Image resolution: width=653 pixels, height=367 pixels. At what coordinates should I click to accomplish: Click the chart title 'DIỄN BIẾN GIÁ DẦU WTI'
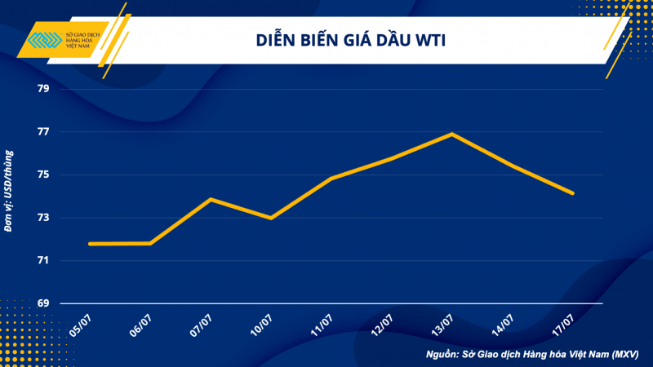pyautogui.click(x=353, y=38)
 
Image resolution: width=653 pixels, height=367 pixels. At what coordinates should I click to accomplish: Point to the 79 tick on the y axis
pyautogui.click(x=42, y=89)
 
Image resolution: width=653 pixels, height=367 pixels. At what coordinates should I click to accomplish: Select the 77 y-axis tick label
pyautogui.click(x=42, y=132)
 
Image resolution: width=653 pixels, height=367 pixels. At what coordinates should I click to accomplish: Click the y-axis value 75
pyautogui.click(x=42, y=175)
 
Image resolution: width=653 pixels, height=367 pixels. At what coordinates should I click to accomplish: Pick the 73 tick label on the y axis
pyautogui.click(x=42, y=219)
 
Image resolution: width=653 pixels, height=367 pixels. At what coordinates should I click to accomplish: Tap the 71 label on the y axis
pyautogui.click(x=42, y=261)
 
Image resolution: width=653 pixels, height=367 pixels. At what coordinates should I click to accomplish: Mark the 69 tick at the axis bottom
pyautogui.click(x=42, y=304)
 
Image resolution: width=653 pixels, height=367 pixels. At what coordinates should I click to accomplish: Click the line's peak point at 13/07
pyautogui.click(x=453, y=134)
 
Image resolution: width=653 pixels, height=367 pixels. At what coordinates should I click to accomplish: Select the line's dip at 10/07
pyautogui.click(x=271, y=218)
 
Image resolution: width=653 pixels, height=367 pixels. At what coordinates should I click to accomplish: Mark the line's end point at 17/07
pyautogui.click(x=573, y=193)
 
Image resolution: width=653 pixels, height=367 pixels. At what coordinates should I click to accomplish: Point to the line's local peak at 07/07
pyautogui.click(x=211, y=199)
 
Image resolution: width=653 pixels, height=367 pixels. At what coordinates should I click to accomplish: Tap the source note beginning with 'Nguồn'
pyautogui.click(x=533, y=355)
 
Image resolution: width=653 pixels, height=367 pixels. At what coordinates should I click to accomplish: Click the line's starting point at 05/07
pyautogui.click(x=90, y=244)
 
